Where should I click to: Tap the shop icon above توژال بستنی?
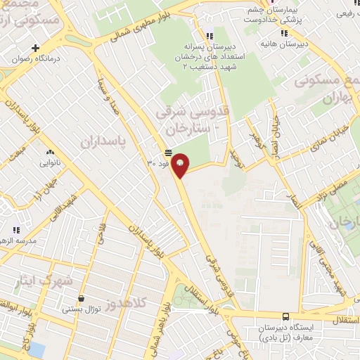(x=82, y=298)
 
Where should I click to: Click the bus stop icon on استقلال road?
(x=285, y=317)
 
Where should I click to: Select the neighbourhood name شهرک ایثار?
(x=44, y=281)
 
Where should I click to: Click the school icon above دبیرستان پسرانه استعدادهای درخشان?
(x=209, y=36)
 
